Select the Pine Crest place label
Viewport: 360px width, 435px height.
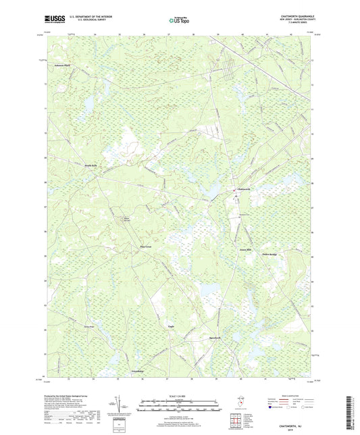point(146,247)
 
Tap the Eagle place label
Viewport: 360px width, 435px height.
point(171,325)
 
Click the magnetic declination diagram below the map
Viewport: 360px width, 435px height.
point(122,391)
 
